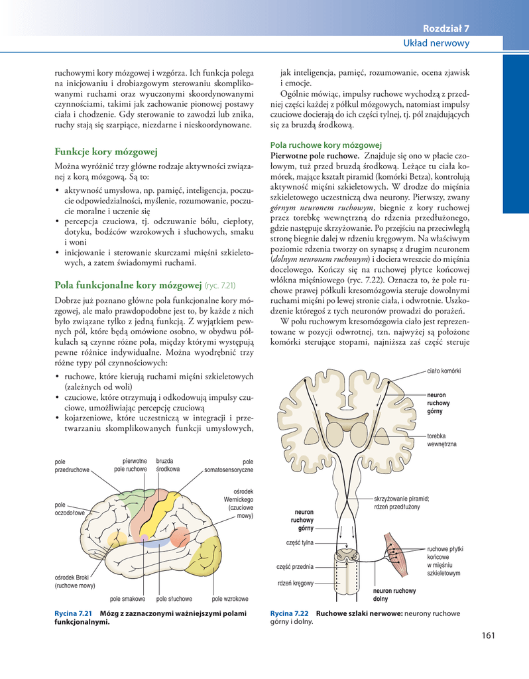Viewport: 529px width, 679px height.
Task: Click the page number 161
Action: pos(489,636)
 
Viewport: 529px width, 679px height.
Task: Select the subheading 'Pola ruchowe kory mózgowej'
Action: pos(326,145)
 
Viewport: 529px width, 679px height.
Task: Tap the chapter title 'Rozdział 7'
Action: pos(446,28)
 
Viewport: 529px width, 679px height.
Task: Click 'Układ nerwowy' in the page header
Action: pos(436,43)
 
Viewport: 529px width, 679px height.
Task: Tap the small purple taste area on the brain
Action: pos(145,537)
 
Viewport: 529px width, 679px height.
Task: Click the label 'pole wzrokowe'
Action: pos(230,599)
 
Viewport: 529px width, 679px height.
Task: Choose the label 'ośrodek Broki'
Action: pos(73,581)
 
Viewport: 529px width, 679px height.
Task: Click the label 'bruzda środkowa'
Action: pos(168,465)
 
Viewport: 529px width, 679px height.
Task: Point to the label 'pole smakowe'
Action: pos(127,599)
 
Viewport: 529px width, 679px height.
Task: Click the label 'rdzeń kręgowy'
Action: pos(295,584)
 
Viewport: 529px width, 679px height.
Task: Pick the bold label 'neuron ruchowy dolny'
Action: pos(394,595)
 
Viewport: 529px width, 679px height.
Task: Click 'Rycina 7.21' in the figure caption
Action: pos(73,613)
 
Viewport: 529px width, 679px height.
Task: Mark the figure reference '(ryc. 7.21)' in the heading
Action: pos(221,286)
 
